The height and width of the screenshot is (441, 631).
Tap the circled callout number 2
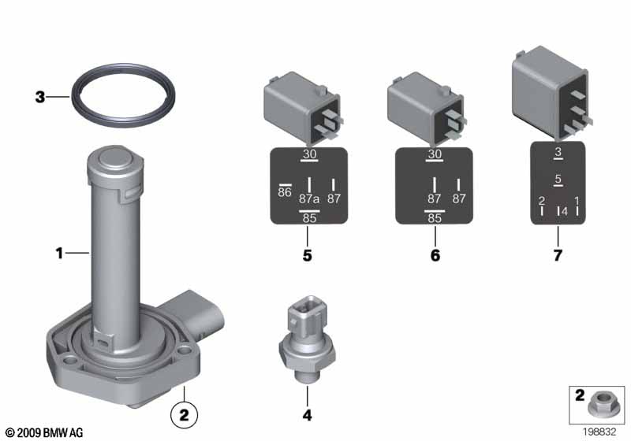point(184,414)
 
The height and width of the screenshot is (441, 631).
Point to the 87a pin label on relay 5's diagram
point(309,198)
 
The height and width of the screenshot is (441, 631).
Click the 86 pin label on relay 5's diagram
point(285,192)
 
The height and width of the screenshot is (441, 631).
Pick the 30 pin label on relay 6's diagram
point(435,154)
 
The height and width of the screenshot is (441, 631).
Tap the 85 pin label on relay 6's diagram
point(435,218)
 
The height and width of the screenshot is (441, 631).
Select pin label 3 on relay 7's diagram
point(558,152)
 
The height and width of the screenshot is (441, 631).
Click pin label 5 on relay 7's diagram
point(558,179)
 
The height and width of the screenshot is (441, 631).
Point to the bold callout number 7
point(558,255)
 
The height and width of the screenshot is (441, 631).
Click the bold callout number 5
point(307,255)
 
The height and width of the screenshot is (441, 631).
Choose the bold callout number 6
point(435,255)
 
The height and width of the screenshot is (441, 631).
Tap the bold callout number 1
point(59,254)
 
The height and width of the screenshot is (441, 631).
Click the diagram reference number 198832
point(599,432)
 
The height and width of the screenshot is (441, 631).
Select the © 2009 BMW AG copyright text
point(44,432)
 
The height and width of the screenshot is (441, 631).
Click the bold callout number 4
point(307,415)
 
